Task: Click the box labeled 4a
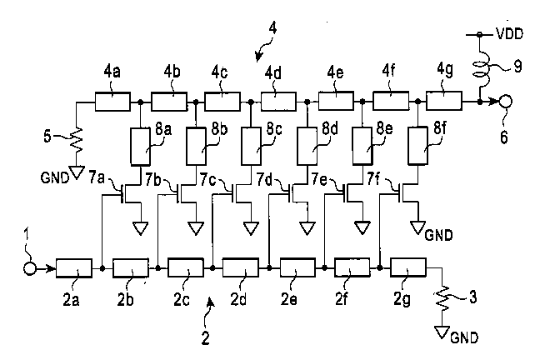coord(112,102)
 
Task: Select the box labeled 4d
coord(278,102)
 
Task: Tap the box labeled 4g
coord(443,102)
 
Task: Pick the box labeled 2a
coord(74,269)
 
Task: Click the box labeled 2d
coord(242,269)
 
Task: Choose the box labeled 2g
coord(408,269)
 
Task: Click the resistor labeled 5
coord(77,136)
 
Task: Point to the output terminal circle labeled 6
coord(505,102)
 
